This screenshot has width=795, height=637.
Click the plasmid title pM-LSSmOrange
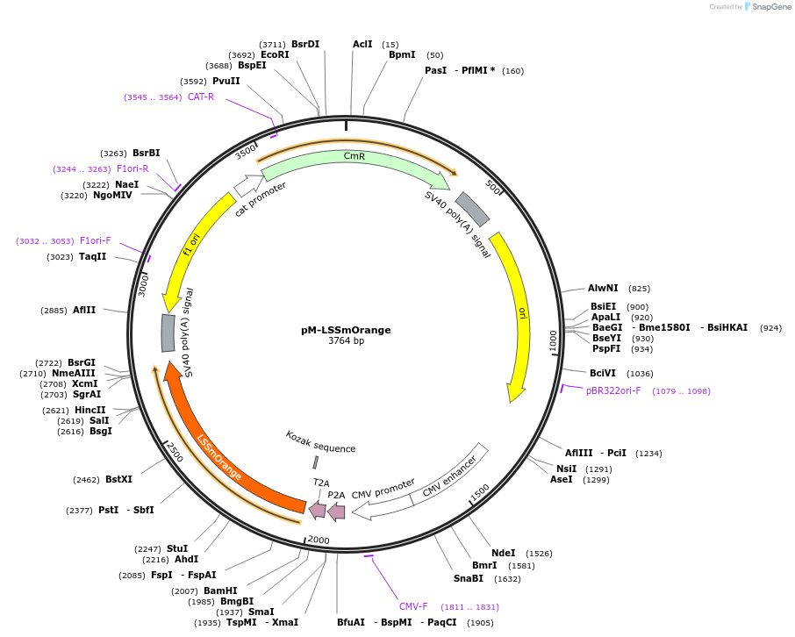pos(346,330)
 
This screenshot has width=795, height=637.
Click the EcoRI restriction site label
pos(275,54)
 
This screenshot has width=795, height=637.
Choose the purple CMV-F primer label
pos(413,606)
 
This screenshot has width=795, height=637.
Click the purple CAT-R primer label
pos(200,97)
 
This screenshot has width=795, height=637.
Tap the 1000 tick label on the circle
pos(553,340)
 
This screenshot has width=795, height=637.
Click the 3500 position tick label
pos(247,153)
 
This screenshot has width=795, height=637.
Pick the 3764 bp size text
pos(346,341)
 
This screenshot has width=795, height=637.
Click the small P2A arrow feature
pos(336,510)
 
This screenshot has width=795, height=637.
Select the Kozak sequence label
pos(320,442)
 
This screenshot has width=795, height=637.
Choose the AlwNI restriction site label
pos(603,288)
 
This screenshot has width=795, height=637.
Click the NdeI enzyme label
pos(503,553)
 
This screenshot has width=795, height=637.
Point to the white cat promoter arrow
pos(248,184)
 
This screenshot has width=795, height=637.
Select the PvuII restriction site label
pos(226,81)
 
